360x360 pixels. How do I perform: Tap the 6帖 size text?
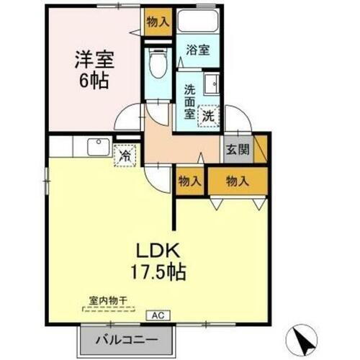(x=94, y=80)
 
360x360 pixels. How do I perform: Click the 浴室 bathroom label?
(x=197, y=50)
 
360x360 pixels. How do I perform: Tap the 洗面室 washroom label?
(x=189, y=102)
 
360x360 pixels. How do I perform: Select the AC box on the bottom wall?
(x=157, y=315)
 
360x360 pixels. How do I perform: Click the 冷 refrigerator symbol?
(x=125, y=154)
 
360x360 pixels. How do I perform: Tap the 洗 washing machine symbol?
(x=207, y=114)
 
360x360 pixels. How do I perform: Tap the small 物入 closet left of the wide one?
(x=189, y=181)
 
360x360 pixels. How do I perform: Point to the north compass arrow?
(x=305, y=338)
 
